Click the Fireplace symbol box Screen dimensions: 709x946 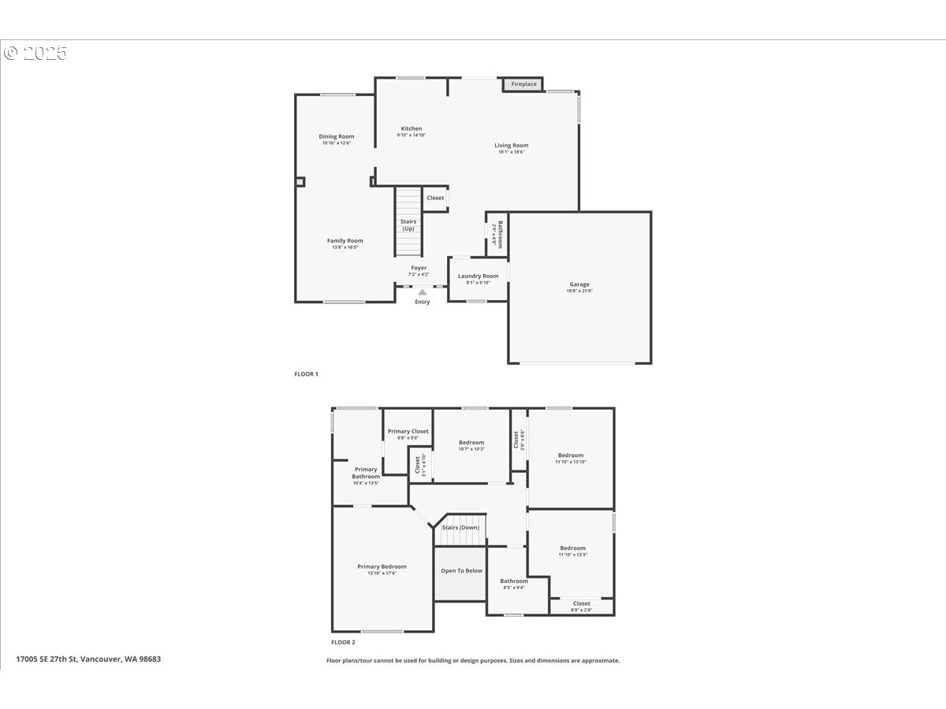(523, 84)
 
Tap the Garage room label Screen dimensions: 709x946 (579, 284)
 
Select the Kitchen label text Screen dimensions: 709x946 (412, 128)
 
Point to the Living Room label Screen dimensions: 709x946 (511, 146)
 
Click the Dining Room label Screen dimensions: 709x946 (337, 136)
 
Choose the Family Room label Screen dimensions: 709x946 (345, 241)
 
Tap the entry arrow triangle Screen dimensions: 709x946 (423, 292)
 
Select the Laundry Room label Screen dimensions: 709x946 (479, 276)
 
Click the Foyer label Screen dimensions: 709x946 (419, 268)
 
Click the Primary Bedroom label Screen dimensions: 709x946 (382, 566)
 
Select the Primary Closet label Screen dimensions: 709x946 (408, 432)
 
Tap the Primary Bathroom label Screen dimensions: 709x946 (366, 473)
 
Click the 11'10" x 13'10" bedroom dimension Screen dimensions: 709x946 (571, 462)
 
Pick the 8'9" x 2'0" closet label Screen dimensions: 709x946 (581, 610)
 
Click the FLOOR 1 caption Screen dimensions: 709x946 (306, 374)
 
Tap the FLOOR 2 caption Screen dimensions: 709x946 (343, 642)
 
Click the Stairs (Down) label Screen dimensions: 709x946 (460, 527)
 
